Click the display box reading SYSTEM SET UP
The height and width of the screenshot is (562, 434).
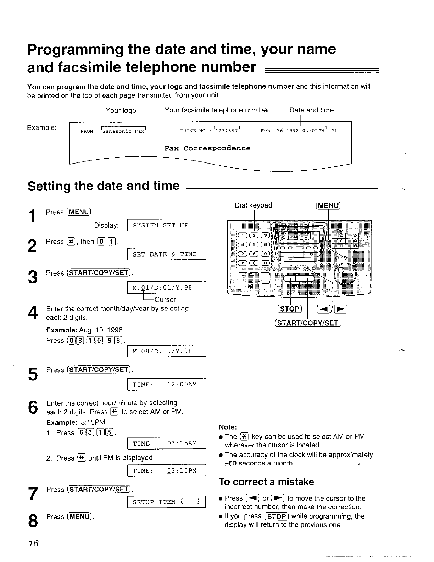click(x=166, y=225)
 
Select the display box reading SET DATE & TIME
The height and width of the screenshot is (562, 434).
click(x=166, y=254)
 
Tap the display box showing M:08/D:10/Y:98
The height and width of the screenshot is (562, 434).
click(x=166, y=351)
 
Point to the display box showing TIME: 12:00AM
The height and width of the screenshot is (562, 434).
click(x=166, y=385)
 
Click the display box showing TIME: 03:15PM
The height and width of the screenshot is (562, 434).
click(x=166, y=471)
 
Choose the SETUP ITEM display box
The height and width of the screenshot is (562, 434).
click(x=166, y=502)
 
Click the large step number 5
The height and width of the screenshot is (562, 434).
click(x=33, y=374)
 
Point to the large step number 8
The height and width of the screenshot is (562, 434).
click(x=33, y=521)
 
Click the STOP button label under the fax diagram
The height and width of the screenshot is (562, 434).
click(x=290, y=309)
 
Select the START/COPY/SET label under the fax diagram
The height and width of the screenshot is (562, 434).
click(x=308, y=323)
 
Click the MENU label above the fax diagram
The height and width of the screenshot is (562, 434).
click(x=328, y=205)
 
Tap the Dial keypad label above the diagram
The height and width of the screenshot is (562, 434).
click(x=254, y=205)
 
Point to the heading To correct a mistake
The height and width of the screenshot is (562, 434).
click(x=266, y=482)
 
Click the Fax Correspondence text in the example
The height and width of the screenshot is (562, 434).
click(x=207, y=148)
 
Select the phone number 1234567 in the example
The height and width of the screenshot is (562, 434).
click(x=227, y=131)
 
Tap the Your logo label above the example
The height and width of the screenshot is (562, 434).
click(x=121, y=110)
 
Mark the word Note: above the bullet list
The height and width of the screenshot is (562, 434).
click(x=228, y=427)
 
